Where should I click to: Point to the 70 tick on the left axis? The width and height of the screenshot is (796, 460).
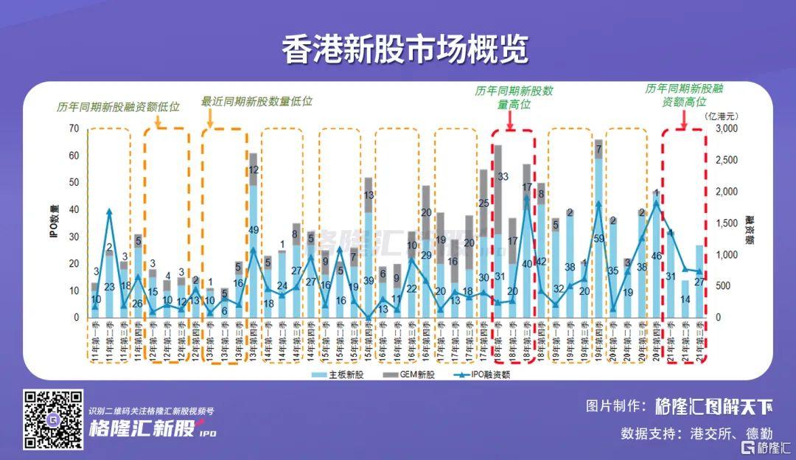tap(73, 128)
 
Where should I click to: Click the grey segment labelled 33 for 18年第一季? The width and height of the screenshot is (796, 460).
tap(502, 177)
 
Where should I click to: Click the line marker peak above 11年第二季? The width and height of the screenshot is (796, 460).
tap(109, 212)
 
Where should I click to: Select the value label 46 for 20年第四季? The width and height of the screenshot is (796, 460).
tap(656, 256)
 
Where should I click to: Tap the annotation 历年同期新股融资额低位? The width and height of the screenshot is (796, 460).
tap(119, 107)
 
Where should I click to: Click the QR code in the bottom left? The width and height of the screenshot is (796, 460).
tap(53, 419)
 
